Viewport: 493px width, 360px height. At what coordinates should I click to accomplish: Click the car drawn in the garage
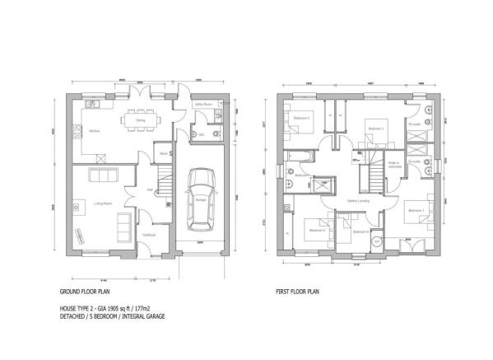(x=200, y=200)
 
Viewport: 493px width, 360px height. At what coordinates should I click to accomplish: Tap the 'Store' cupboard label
(x=164, y=152)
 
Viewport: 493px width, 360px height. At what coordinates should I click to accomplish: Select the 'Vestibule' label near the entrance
(x=149, y=235)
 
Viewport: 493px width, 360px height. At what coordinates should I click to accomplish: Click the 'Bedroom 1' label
(x=375, y=129)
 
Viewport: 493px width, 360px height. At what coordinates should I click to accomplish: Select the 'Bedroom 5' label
(x=360, y=231)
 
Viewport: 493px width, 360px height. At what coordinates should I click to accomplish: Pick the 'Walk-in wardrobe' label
(x=393, y=165)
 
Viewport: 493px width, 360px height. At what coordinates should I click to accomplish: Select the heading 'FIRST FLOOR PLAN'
(x=299, y=292)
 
